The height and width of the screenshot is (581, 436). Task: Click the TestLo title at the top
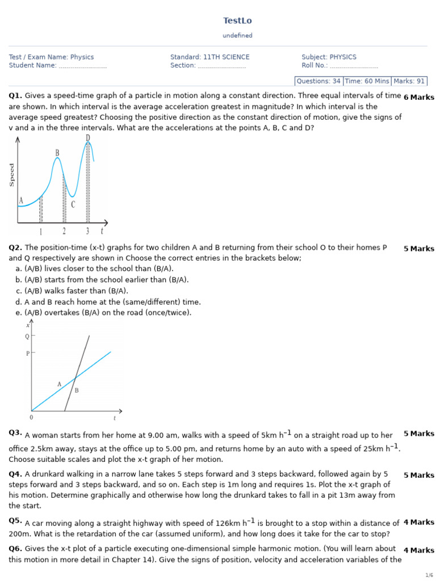pyautogui.click(x=237, y=21)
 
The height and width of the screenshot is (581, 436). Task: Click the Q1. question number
pyautogui.click(x=15, y=96)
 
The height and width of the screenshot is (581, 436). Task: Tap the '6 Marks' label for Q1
pyautogui.click(x=418, y=97)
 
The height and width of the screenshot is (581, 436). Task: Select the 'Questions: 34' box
pyautogui.click(x=318, y=81)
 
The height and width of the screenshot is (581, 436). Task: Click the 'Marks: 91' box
pyautogui.click(x=409, y=81)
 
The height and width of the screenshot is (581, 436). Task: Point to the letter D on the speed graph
pyautogui.click(x=88, y=138)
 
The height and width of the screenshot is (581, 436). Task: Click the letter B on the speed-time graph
pyautogui.click(x=57, y=153)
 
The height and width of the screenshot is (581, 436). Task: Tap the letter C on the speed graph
pyautogui.click(x=73, y=204)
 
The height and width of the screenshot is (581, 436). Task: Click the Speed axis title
pyautogui.click(x=12, y=175)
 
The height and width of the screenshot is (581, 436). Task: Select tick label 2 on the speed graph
pyautogui.click(x=64, y=231)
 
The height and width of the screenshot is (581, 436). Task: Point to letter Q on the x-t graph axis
pyautogui.click(x=27, y=336)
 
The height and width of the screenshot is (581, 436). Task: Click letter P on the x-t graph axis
pyautogui.click(x=27, y=353)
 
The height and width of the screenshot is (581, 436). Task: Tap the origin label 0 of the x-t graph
pyautogui.click(x=31, y=418)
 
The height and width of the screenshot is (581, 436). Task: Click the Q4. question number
pyautogui.click(x=15, y=474)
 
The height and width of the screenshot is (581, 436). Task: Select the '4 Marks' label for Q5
pyautogui.click(x=418, y=522)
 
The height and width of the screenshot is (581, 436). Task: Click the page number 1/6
pyautogui.click(x=429, y=575)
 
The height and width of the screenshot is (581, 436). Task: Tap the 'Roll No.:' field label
pyautogui.click(x=315, y=65)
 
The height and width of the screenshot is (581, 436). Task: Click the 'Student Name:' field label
pyautogui.click(x=32, y=65)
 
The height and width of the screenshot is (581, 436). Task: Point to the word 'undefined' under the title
pyautogui.click(x=237, y=36)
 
